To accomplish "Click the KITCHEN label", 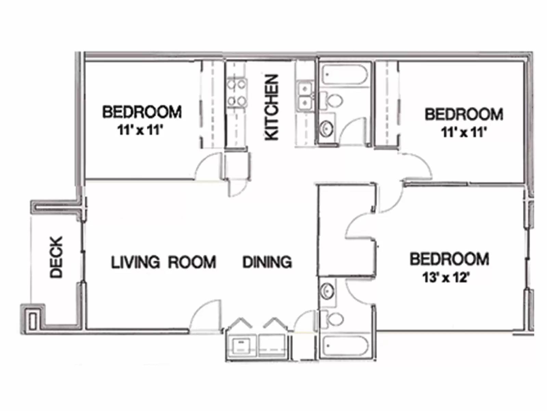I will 272,107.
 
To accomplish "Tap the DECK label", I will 57,257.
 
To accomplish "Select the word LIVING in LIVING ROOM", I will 135,262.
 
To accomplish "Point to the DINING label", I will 267,262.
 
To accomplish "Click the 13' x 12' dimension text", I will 445,277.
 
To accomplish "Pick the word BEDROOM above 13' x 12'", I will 449,259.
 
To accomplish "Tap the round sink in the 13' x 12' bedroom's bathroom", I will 327,291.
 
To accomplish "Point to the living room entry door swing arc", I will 205,315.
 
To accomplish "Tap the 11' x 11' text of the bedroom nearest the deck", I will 139,130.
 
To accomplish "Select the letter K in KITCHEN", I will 272,134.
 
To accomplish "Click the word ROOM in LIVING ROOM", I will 192,262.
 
